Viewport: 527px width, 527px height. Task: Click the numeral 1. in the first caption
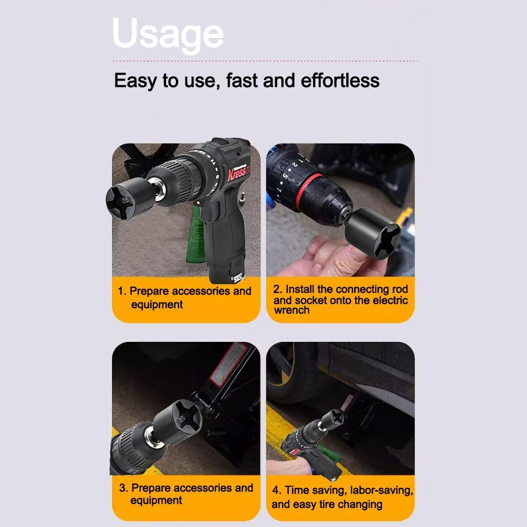tap(122, 291)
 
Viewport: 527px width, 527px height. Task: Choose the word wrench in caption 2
tap(291, 310)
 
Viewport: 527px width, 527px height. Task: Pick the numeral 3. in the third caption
tap(123, 488)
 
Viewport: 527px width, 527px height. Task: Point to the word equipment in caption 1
tap(157, 305)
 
